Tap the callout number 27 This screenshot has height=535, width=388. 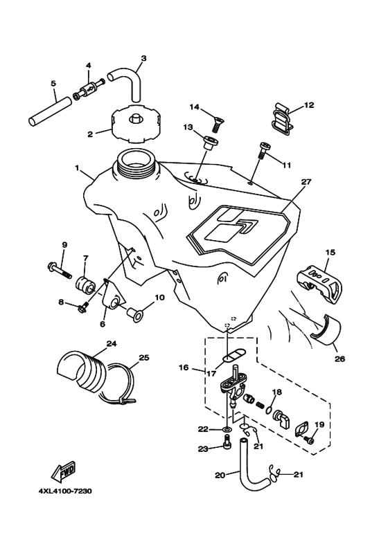302,183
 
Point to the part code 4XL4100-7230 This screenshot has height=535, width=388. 61,491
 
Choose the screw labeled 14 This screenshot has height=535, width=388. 211,124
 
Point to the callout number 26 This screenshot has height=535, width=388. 339,359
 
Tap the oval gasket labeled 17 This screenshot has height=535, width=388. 227,361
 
